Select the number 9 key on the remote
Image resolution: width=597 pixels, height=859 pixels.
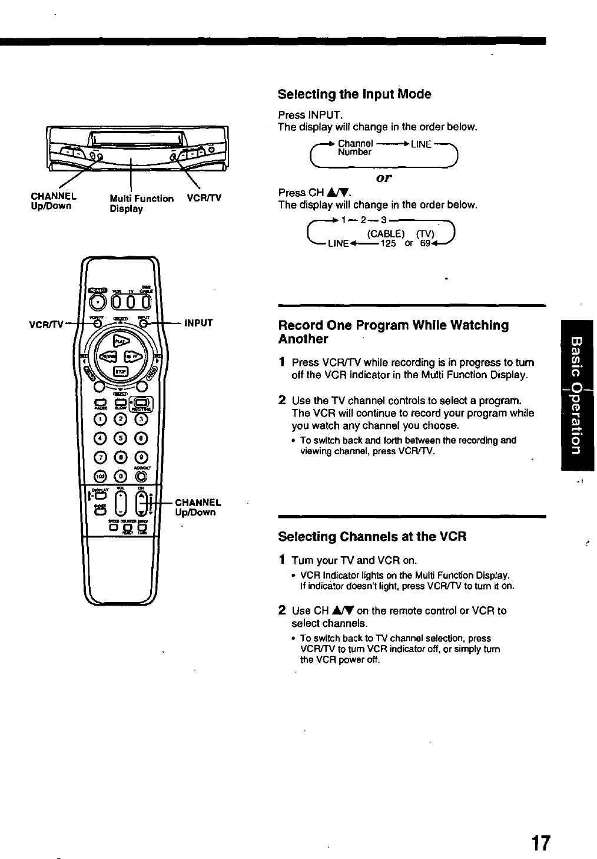(x=141, y=456)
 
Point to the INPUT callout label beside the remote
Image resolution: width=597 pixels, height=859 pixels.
(x=198, y=323)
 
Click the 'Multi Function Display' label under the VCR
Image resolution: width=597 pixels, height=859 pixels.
(x=142, y=204)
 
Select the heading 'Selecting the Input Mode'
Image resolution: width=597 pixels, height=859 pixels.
(x=354, y=94)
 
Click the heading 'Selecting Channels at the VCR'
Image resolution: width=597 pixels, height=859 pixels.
(x=372, y=537)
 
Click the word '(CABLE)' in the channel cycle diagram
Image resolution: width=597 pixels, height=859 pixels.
(x=386, y=233)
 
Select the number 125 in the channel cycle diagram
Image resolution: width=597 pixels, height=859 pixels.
(x=388, y=243)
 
